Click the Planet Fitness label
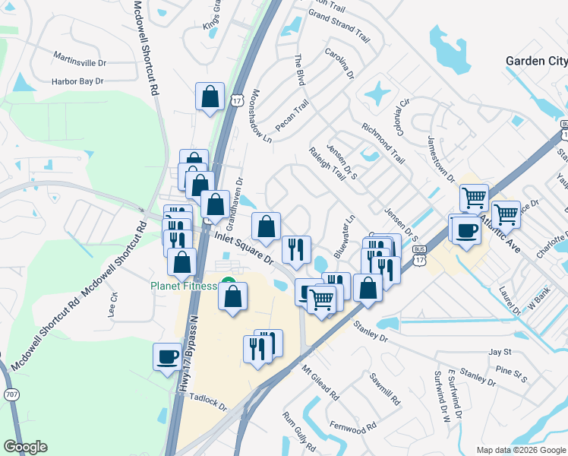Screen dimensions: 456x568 click(183, 286)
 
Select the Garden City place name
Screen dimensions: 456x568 click(536, 61)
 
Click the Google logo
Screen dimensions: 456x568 click(25, 447)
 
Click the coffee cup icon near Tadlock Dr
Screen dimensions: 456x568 click(167, 356)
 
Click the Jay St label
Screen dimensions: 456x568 click(498, 352)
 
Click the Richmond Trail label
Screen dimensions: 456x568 click(383, 143)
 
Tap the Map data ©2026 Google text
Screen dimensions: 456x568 click(520, 450)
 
